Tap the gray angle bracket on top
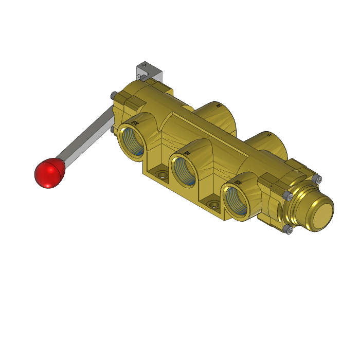click(149, 71)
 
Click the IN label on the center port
click(188, 153)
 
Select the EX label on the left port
click(135, 123)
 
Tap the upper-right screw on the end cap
click(317, 179)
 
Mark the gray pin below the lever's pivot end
click(112, 133)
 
